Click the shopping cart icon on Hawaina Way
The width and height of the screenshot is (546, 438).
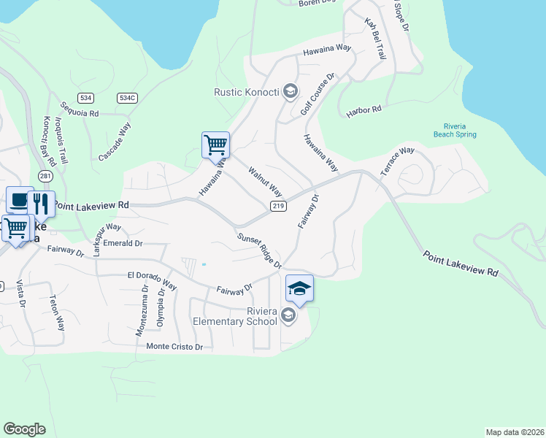[215, 145]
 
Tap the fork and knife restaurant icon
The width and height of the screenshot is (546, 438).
[41, 204]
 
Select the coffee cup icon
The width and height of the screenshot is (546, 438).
[20, 200]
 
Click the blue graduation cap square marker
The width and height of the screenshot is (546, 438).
[299, 288]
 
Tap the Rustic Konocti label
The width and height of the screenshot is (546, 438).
[247, 92]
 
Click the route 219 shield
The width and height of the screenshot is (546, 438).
[278, 207]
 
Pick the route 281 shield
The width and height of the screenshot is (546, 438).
[46, 176]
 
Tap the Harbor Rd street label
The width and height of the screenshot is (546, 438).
[364, 109]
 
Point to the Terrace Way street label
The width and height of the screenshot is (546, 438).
[397, 161]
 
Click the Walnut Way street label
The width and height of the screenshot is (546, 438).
[265, 181]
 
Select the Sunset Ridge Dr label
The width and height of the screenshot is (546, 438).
[259, 250]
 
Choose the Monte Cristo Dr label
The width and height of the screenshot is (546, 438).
[174, 347]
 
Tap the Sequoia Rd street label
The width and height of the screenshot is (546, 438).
[80, 109]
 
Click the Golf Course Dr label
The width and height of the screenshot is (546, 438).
[318, 94]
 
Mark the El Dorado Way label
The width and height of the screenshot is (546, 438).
[152, 280]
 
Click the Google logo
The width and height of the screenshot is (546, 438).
[24, 429]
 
